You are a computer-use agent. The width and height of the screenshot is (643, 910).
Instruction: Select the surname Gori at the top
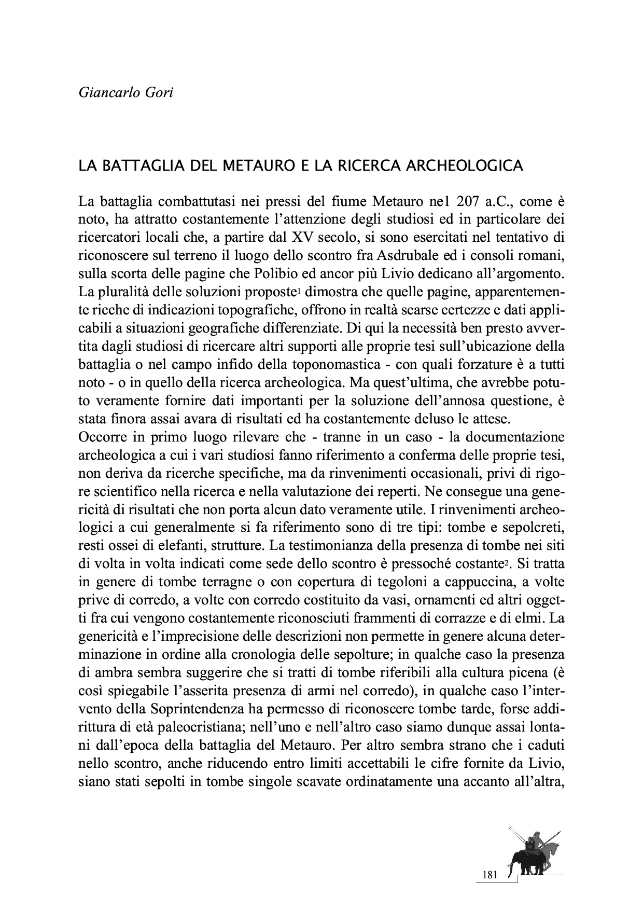[x=158, y=93]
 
